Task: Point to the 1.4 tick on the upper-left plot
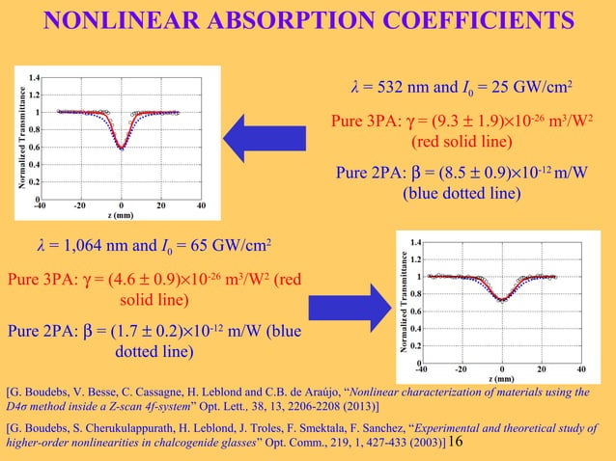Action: coord(34,77)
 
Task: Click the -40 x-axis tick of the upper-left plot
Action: coord(40,205)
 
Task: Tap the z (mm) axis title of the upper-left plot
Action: coord(121,214)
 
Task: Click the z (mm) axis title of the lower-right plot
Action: coord(502,377)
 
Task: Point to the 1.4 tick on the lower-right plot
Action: coord(414,242)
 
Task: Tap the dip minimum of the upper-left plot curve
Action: coord(121,149)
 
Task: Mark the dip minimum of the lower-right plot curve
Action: coord(502,300)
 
